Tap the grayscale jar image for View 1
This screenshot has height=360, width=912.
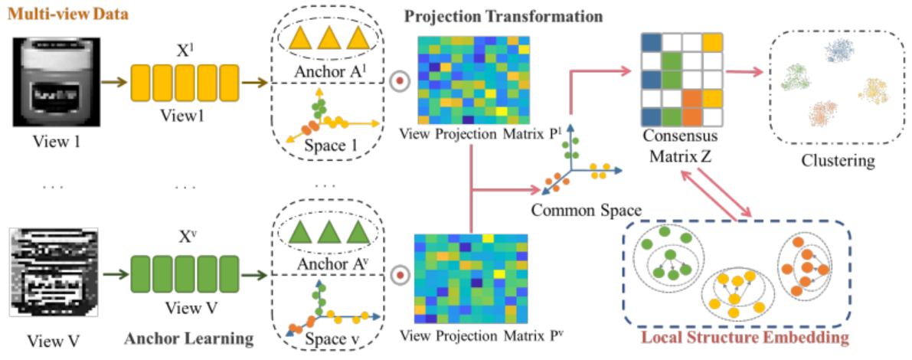tap(57, 77)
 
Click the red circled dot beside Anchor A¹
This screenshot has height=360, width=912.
tap(398, 81)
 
